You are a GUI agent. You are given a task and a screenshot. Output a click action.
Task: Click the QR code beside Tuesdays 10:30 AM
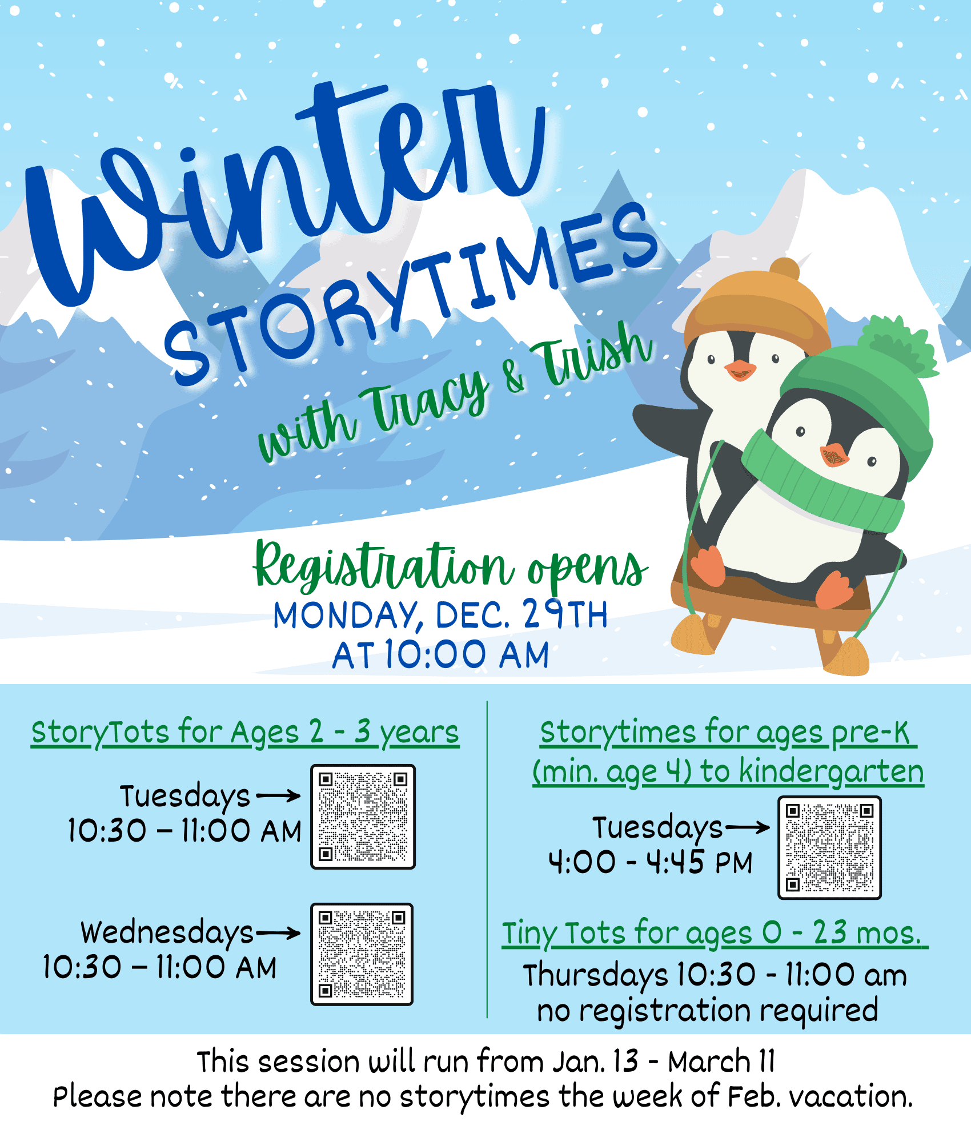coord(363,817)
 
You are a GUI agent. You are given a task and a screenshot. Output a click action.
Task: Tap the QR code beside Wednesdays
coord(362,954)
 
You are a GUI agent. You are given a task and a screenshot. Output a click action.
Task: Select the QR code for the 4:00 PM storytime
coord(829,848)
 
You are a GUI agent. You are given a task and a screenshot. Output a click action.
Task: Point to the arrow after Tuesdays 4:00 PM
coord(747,827)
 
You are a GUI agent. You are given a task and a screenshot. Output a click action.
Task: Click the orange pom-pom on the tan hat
coord(784,269)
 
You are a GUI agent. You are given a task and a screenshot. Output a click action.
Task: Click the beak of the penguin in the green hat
coord(834,455)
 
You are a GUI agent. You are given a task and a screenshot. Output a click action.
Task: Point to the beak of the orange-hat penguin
coord(740,370)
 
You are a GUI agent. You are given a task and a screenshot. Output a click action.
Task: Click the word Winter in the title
coord(286,188)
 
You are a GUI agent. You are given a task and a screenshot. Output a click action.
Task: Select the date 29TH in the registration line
coord(565,614)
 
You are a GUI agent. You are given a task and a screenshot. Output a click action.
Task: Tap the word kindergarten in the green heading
coord(831,772)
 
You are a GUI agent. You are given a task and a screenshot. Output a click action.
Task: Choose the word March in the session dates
coord(708,1062)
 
